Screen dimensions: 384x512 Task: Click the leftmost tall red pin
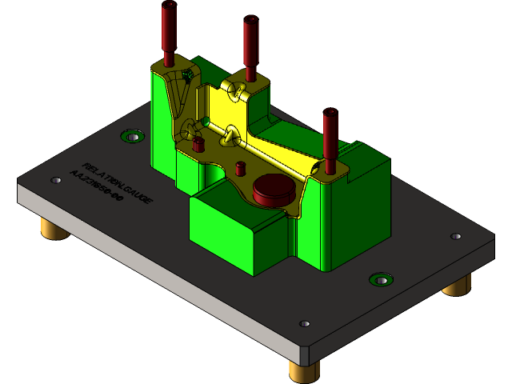point(169,32)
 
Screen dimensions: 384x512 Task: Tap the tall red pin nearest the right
point(330,140)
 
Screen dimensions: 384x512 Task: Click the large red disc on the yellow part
point(273,191)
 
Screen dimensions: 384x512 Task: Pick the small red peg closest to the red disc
point(240,168)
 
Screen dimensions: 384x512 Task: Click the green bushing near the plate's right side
point(381,279)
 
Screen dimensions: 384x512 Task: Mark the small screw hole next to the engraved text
point(56,180)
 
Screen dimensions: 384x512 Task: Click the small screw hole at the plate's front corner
point(304,324)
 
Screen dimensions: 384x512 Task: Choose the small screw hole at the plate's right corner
point(455,236)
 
